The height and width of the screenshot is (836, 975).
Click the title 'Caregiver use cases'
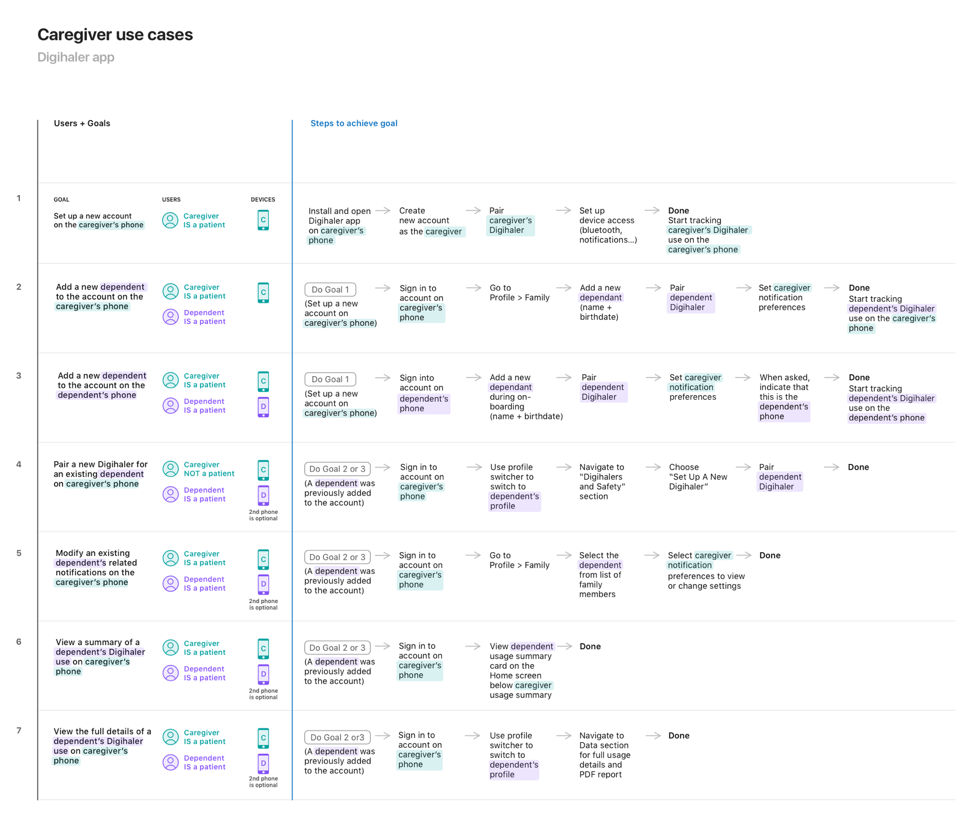click(115, 34)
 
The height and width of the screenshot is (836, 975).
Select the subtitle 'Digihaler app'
click(76, 57)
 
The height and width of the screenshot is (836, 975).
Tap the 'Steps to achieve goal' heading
click(354, 123)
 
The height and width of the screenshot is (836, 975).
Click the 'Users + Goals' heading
click(82, 123)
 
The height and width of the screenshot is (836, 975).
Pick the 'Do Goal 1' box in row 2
click(330, 289)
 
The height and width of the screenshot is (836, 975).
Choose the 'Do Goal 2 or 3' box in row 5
click(337, 557)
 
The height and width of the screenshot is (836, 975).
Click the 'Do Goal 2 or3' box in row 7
click(337, 737)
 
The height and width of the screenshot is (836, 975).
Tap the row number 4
click(19, 464)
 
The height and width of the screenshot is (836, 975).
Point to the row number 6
click(19, 642)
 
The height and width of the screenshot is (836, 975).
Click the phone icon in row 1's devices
click(263, 220)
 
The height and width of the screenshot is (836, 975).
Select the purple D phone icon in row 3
click(263, 407)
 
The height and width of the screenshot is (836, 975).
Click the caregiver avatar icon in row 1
click(170, 220)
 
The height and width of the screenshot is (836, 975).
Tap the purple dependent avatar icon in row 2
click(170, 317)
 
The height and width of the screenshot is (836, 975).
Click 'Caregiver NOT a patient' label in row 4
click(209, 469)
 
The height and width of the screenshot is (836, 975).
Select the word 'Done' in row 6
click(590, 647)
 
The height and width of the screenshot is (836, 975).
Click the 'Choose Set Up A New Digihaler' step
click(698, 477)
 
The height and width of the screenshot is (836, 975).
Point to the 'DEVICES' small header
click(263, 200)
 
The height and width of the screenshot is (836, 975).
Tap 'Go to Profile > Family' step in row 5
click(519, 560)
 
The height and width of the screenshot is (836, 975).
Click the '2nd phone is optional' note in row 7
click(263, 782)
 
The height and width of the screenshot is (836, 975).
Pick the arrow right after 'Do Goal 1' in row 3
click(383, 378)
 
